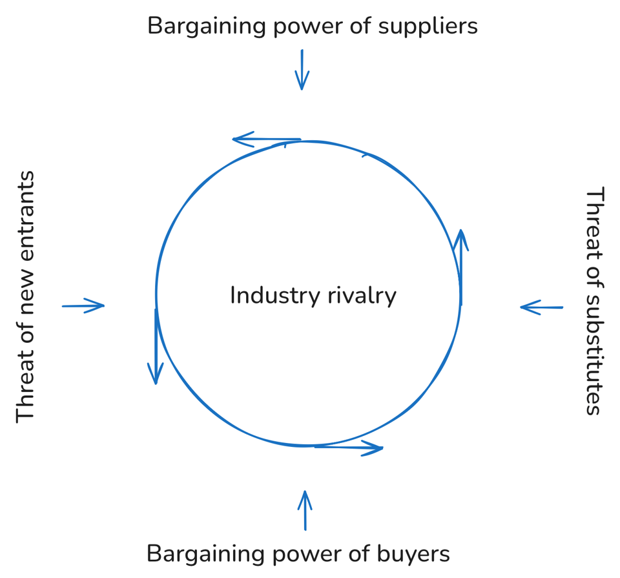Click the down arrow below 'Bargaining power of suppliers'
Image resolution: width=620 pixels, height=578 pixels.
point(302,70)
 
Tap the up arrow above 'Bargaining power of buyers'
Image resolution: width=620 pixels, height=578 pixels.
point(305,510)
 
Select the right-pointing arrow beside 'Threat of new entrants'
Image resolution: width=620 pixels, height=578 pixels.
point(83,305)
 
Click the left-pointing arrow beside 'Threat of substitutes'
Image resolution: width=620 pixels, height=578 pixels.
point(541,307)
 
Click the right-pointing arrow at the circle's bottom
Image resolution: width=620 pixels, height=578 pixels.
point(349,447)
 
